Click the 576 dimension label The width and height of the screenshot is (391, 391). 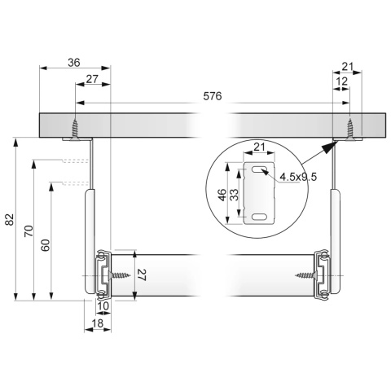pyautogui.click(x=213, y=96)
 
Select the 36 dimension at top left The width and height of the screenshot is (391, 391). pyautogui.click(x=74, y=63)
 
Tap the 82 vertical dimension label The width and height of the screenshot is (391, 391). pyautogui.click(x=9, y=219)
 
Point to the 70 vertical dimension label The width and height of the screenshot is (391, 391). pyautogui.click(x=29, y=231)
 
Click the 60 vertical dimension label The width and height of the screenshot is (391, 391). pyautogui.click(x=46, y=245)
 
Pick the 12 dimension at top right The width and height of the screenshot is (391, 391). pyautogui.click(x=341, y=81)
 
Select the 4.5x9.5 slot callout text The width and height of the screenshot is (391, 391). pyautogui.click(x=298, y=177)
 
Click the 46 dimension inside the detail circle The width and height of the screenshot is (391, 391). pyautogui.click(x=222, y=195)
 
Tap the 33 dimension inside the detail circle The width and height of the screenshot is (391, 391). pyautogui.click(x=234, y=195)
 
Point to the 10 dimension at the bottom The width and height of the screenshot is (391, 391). pyautogui.click(x=103, y=306)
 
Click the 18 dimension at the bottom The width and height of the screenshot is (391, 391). pyautogui.click(x=98, y=323)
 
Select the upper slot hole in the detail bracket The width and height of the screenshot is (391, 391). pyautogui.click(x=259, y=169)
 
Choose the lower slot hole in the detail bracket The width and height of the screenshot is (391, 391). pyautogui.click(x=259, y=217)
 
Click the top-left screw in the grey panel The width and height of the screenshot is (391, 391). pyautogui.click(x=74, y=130)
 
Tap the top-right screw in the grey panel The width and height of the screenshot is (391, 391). pyautogui.click(x=350, y=130)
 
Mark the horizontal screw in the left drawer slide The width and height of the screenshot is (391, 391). pyautogui.click(x=119, y=276)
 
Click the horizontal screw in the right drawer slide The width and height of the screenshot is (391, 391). pyautogui.click(x=307, y=276)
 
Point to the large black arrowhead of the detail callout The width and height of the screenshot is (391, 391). pyautogui.click(x=328, y=148)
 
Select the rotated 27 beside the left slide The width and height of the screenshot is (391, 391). pyautogui.click(x=142, y=275)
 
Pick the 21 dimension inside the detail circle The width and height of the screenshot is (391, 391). pyautogui.click(x=259, y=147)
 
